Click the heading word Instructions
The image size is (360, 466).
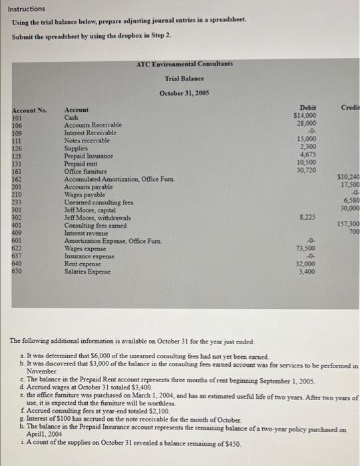point(28,9)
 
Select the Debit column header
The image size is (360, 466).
point(308,108)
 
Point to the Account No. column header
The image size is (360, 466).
point(30,109)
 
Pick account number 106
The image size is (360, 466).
point(17,125)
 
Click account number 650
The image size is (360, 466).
point(17,271)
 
